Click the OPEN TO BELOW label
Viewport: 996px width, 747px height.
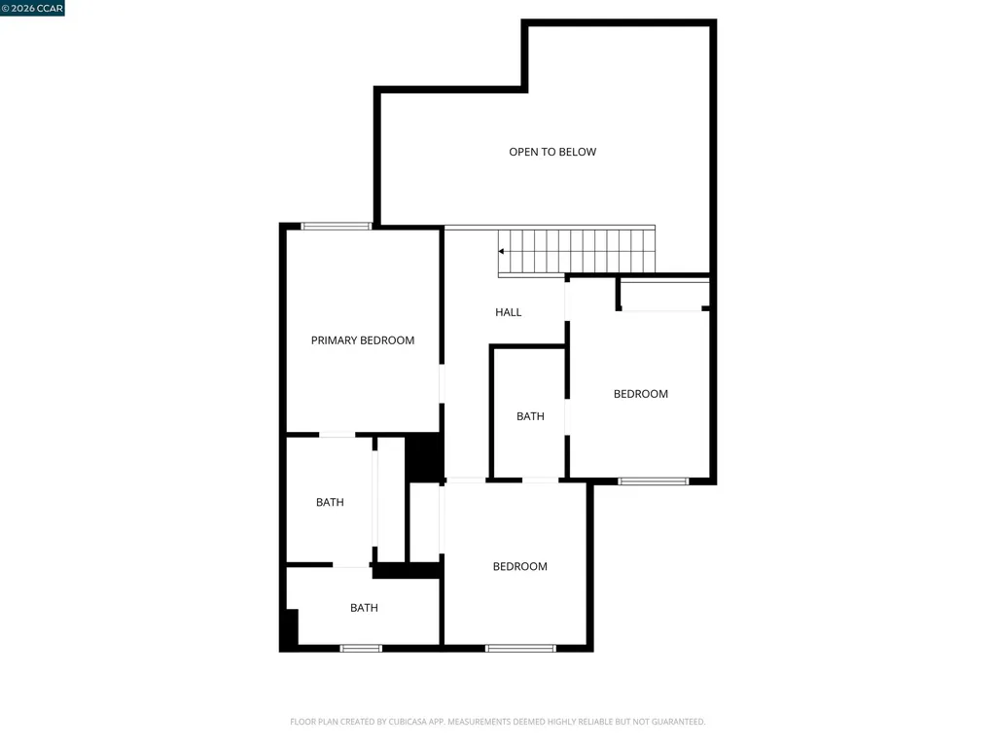pos(552,152)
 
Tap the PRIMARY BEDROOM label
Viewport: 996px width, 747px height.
pos(363,340)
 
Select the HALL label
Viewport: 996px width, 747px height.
pos(509,312)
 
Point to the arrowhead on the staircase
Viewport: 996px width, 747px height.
pos(502,251)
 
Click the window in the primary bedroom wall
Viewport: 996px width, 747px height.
pos(337,226)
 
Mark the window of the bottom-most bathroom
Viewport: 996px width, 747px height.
pos(361,648)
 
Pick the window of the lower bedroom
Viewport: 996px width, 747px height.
pos(520,648)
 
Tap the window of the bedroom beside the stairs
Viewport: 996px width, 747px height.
pos(654,480)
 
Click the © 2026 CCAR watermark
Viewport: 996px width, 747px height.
pos(32,8)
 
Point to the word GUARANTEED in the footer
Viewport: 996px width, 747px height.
pos(671,722)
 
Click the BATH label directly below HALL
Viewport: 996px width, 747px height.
pos(530,416)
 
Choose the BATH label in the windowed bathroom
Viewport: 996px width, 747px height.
pos(364,608)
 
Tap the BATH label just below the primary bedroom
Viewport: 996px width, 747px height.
pos(330,503)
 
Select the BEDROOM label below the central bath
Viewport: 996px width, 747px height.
pos(519,567)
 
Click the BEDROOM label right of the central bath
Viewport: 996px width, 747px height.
pos(641,394)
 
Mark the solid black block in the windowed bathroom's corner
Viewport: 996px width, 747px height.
pos(289,628)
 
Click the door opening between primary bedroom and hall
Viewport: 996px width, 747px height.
pos(442,383)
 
